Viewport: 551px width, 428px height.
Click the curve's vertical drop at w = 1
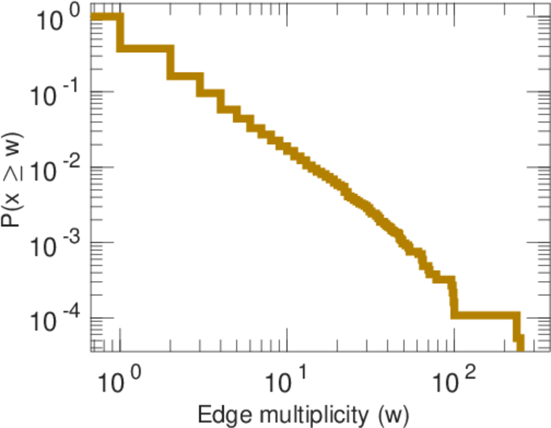coord(120,33)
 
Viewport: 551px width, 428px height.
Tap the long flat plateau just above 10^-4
coord(485,315)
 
